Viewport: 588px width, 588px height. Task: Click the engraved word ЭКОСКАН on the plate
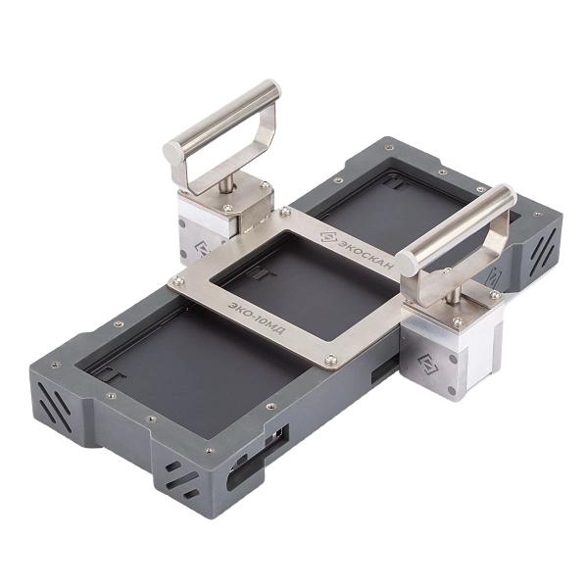point(367,253)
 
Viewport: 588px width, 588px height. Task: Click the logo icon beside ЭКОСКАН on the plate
point(328,238)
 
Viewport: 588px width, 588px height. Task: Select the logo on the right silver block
point(428,365)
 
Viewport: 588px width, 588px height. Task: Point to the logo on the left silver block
point(201,249)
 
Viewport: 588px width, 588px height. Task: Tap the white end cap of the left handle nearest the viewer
point(172,151)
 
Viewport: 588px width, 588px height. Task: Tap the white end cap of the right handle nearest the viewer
point(408,264)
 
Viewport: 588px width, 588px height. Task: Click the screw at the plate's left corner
point(178,279)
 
